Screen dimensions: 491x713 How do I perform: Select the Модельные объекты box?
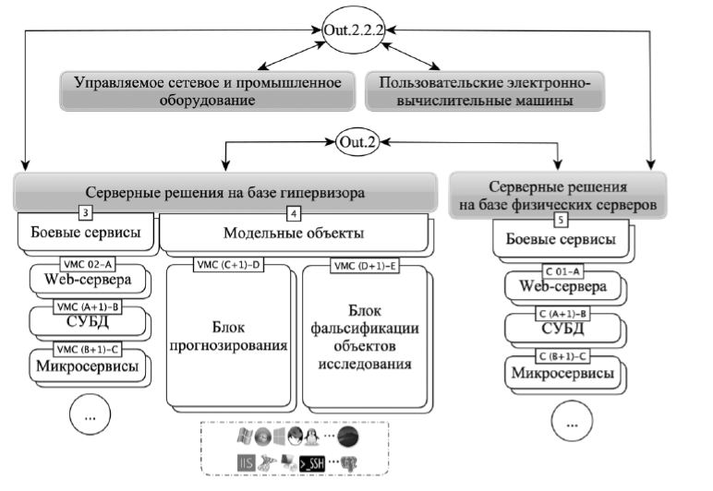[294, 234]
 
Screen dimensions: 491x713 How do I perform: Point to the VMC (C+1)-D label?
[228, 266]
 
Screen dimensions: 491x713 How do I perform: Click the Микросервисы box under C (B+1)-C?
[563, 376]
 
